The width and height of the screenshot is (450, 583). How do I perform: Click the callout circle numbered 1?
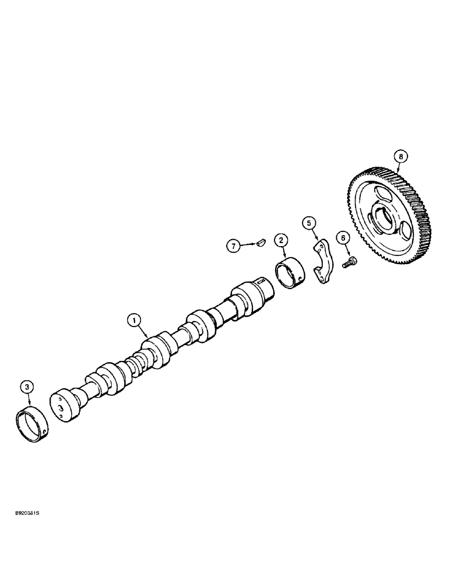point(134,319)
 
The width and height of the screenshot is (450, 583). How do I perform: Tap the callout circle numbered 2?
point(281,240)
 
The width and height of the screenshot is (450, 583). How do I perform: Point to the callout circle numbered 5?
point(309,222)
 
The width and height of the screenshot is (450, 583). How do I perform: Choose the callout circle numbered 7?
point(233,247)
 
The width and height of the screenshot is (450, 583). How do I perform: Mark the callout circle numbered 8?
point(400,156)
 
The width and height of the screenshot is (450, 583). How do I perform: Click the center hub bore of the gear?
point(382,216)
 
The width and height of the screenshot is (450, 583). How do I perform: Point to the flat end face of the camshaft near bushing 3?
point(61,409)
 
